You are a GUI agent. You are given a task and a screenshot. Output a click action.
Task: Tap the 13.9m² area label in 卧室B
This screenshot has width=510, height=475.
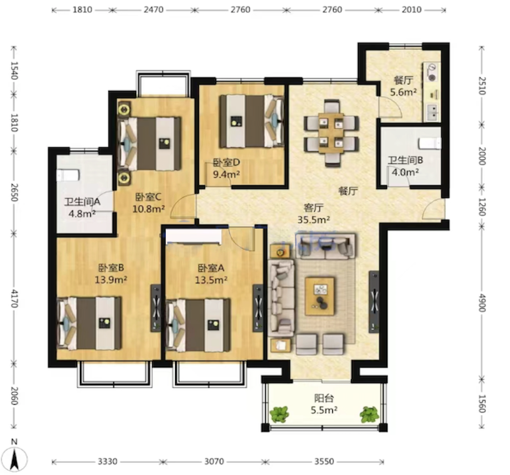pyautogui.click(x=111, y=279)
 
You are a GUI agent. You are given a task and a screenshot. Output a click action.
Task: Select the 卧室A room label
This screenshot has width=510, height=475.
pyautogui.click(x=211, y=268)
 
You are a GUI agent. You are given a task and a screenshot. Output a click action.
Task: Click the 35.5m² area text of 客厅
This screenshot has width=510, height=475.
pyautogui.click(x=313, y=219)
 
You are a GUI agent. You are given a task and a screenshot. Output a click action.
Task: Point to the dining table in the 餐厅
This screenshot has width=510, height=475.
pyautogui.click(x=331, y=133)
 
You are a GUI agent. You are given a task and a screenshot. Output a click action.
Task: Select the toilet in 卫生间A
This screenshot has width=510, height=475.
pyautogui.click(x=68, y=175)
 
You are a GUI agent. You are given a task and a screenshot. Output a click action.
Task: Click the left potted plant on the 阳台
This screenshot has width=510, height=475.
pyautogui.click(x=279, y=414)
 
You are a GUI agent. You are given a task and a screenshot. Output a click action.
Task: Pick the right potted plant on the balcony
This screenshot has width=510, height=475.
pyautogui.click(x=369, y=414)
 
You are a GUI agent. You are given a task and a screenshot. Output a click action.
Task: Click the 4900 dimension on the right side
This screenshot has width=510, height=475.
pyautogui.click(x=482, y=303)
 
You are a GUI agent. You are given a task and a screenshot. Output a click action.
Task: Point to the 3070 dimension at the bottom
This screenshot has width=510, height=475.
pyautogui.click(x=214, y=461)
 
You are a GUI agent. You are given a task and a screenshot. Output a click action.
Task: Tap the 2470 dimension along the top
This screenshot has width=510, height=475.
pyautogui.click(x=154, y=10)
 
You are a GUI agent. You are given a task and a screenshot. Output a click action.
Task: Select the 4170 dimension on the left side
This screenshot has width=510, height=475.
pyautogui.click(x=14, y=298)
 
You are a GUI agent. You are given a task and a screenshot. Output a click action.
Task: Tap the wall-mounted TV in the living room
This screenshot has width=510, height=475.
pyautogui.click(x=374, y=302)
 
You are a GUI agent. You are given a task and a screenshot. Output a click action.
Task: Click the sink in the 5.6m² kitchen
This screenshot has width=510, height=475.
pyautogui.click(x=433, y=112)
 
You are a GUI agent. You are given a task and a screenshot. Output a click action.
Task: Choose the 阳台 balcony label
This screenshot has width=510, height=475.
pyautogui.click(x=324, y=398)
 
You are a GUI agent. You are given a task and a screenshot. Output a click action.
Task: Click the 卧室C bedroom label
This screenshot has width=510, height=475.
pyautogui.click(x=149, y=197)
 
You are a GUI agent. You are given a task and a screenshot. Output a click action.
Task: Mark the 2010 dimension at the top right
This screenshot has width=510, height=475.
pyautogui.click(x=411, y=10)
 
